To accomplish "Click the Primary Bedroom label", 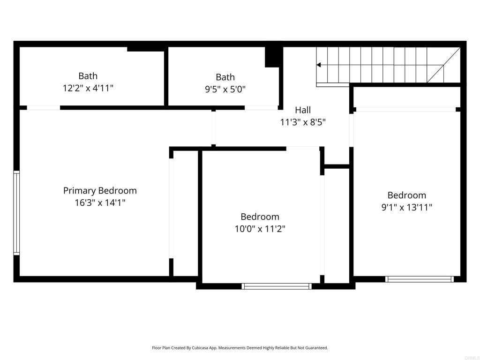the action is (100, 191).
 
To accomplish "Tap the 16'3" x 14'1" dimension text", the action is (100, 202).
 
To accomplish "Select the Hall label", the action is (303, 110).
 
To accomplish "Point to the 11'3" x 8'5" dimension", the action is (303, 122).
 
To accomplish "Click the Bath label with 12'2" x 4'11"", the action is (88, 76).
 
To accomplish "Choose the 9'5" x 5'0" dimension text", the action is (225, 90).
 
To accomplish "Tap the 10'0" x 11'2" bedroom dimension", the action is (260, 229).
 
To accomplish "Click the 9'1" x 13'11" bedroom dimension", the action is (406, 207).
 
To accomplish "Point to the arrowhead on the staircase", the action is (318, 65).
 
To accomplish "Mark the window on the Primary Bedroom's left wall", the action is (16, 213).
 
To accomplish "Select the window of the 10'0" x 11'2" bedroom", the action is (277, 286).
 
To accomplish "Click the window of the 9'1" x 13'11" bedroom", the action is (420, 279).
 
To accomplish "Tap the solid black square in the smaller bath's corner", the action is (272, 57).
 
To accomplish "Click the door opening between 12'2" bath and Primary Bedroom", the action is (44, 107).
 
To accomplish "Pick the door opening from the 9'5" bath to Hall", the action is (261, 107).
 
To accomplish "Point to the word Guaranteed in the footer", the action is (317, 348).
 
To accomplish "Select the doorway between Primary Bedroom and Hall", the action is (213, 128).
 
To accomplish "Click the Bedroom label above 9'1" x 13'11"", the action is (406, 195).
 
